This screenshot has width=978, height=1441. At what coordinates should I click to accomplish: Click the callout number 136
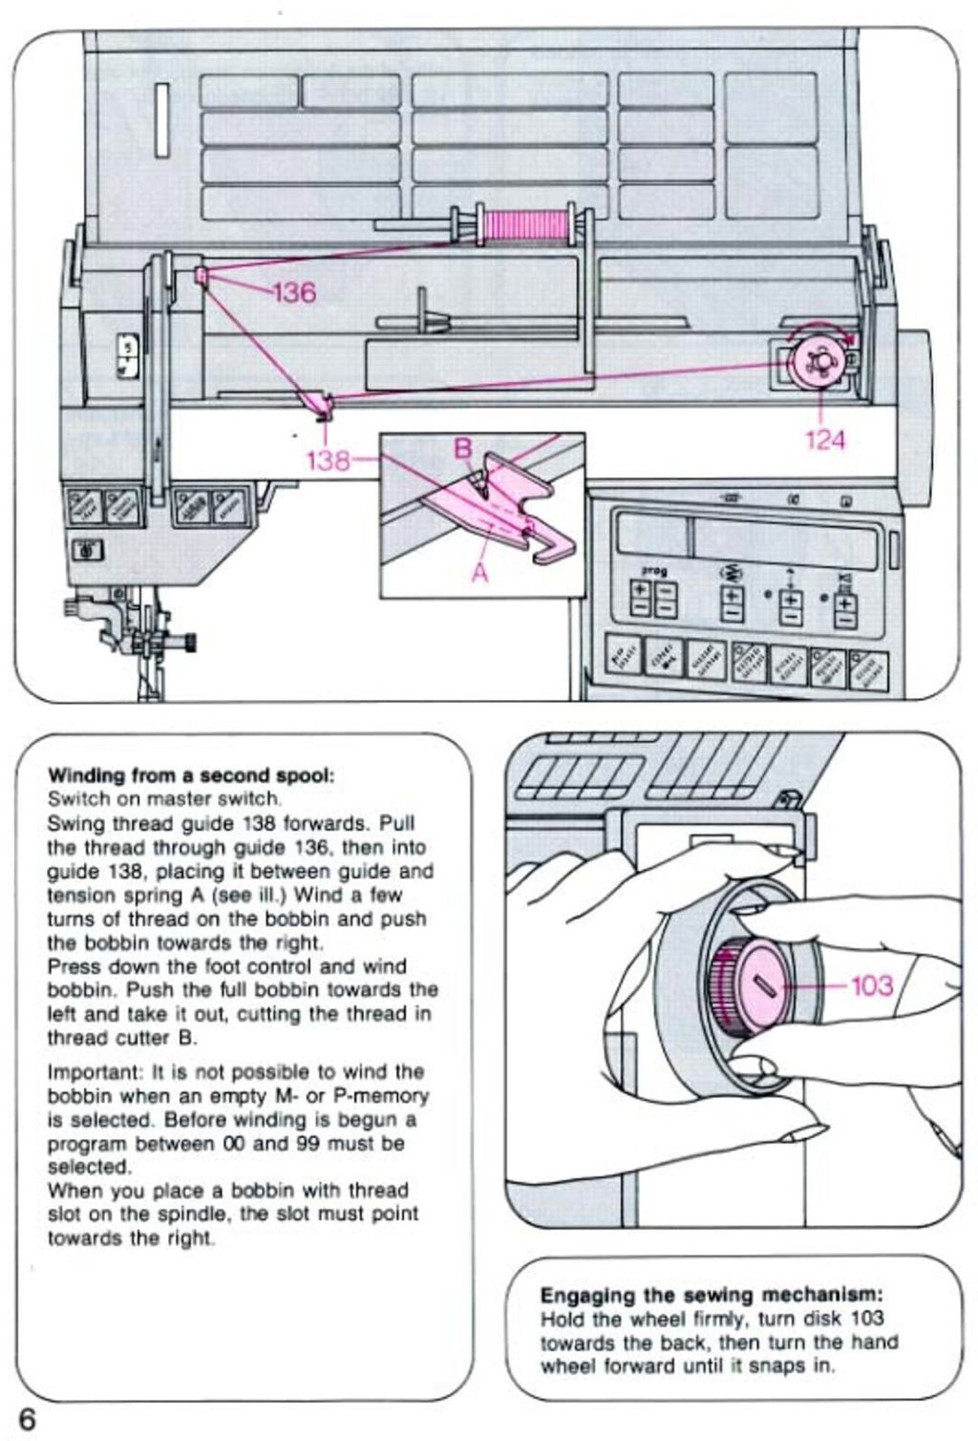tap(294, 291)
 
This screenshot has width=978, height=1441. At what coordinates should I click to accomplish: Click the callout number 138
tap(328, 460)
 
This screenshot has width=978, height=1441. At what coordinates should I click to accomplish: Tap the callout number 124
tap(825, 439)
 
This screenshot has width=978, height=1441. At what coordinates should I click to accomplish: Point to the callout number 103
tap(871, 985)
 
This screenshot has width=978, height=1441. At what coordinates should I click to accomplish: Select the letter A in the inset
tap(479, 571)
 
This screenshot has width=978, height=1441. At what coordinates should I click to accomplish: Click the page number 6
tap(26, 1418)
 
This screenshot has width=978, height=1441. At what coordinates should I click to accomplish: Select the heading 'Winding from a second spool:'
tap(191, 774)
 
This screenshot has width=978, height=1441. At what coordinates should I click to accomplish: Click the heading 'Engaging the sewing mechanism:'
tap(712, 1295)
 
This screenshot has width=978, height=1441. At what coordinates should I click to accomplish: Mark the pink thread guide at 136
tap(202, 276)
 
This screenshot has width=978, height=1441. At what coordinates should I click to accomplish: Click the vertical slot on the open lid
tap(162, 119)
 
